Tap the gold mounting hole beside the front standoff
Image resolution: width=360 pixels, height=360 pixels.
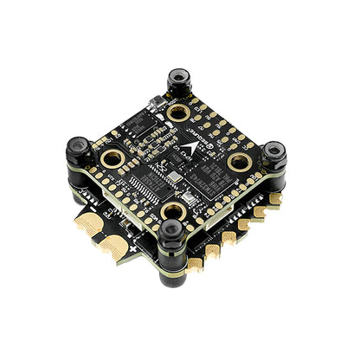point(174,211)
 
